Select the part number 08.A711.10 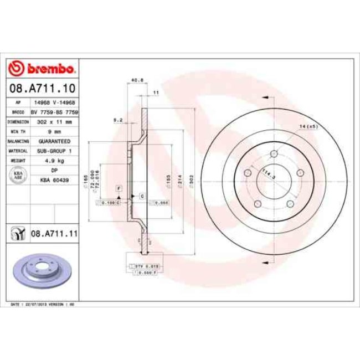pyautogui.click(x=42, y=88)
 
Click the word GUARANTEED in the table pyautogui.click(x=54, y=141)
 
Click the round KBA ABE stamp pyautogui.click(x=18, y=176)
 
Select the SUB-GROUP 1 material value pyautogui.click(x=54, y=151)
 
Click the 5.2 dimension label pyautogui.click(x=117, y=120)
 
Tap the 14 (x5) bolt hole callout pyautogui.click(x=308, y=127)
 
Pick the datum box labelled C pyautogui.click(x=142, y=196)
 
